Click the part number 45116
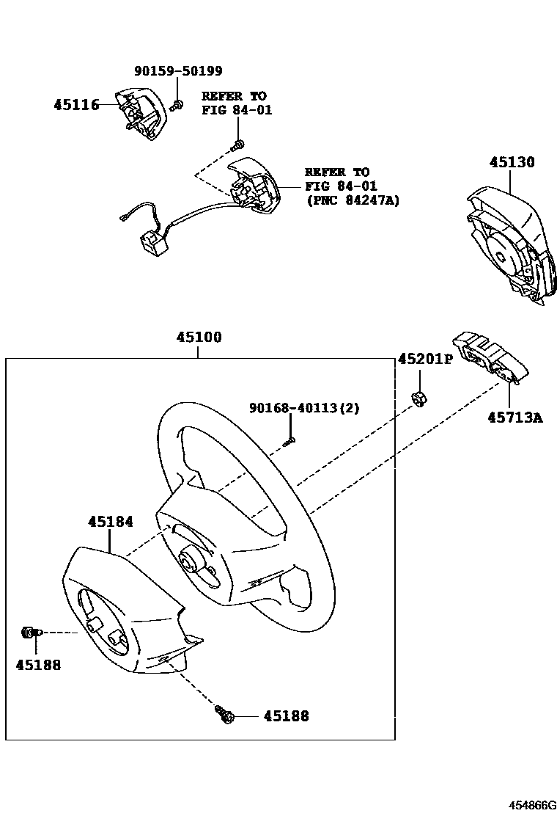(76, 105)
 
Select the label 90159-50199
(178, 71)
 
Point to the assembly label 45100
(199, 338)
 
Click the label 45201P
(425, 360)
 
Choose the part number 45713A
(516, 418)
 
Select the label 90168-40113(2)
(304, 408)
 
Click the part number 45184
(111, 522)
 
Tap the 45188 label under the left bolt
(38, 665)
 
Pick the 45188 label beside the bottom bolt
(286, 715)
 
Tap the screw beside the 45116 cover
(177, 107)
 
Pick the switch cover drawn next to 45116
(140, 114)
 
